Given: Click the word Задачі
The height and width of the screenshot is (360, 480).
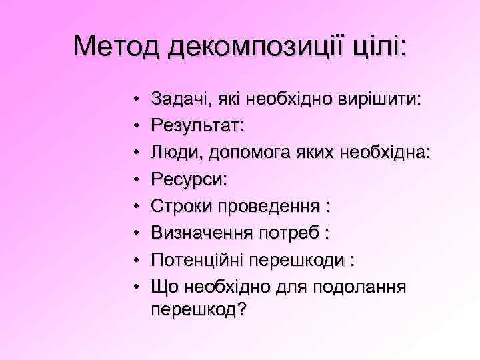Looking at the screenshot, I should point(177,99).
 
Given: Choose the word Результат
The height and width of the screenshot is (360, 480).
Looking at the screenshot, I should point(197,125).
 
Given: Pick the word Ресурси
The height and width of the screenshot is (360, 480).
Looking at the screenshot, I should point(189,179).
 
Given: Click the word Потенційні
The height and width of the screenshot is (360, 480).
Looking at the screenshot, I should point(200,258).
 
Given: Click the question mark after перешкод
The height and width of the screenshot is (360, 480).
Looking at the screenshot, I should point(241,309).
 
